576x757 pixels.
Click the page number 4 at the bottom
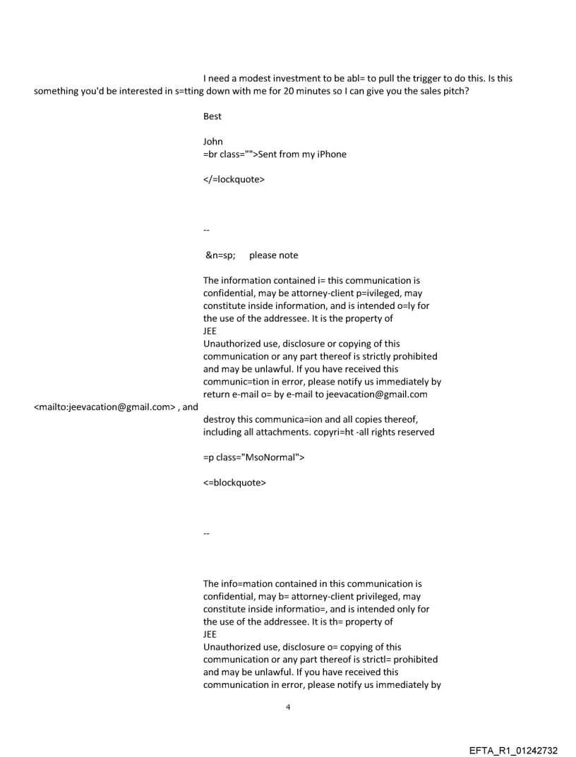coord(287,706)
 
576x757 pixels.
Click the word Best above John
coord(212,116)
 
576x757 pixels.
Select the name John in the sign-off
coord(212,141)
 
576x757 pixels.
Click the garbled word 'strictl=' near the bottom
coord(366,660)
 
